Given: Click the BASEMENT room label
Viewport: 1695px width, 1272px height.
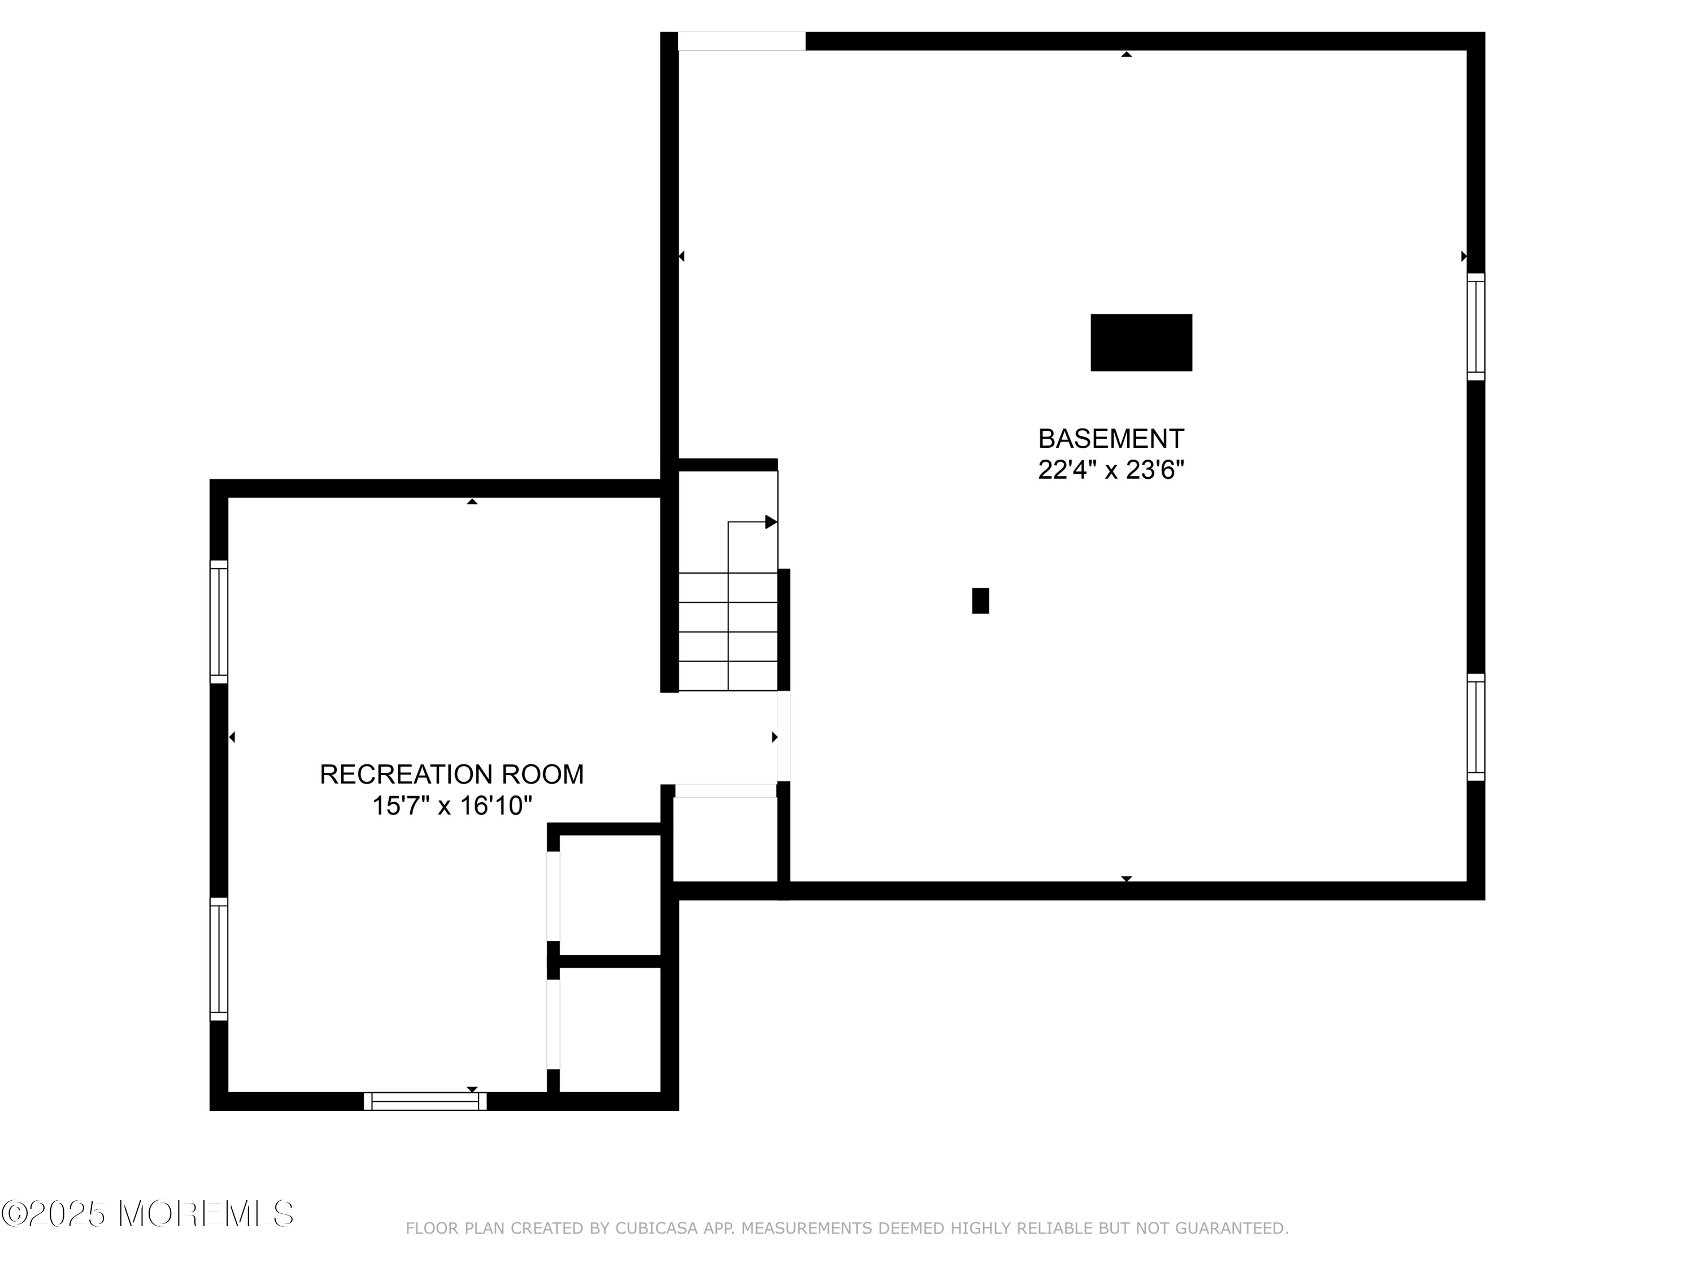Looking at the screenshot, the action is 1111,439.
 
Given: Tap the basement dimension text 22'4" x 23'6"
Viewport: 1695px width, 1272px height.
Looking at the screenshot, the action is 1111,469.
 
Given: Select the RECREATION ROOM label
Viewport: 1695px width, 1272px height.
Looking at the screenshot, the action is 451,775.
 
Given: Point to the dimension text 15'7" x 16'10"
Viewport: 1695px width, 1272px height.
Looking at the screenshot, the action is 451,806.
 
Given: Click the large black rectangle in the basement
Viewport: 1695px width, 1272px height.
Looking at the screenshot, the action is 1141,343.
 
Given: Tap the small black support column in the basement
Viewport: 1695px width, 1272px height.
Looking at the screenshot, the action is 980,601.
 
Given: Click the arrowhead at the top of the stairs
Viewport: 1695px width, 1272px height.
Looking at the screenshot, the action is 771,522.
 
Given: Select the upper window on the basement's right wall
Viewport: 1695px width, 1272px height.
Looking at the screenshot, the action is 1476,327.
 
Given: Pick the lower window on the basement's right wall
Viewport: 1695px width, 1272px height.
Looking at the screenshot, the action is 1476,727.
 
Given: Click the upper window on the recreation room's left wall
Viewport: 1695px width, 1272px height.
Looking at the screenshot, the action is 219,622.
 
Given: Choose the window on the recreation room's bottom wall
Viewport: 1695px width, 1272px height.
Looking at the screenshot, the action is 425,1101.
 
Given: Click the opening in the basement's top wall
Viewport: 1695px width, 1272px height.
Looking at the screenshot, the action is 742,41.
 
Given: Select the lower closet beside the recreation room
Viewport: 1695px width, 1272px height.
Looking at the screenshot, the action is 610,1029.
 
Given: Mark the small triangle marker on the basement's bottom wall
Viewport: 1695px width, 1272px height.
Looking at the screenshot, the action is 1127,879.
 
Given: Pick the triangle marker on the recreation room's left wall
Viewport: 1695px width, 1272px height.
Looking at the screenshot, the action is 232,737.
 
